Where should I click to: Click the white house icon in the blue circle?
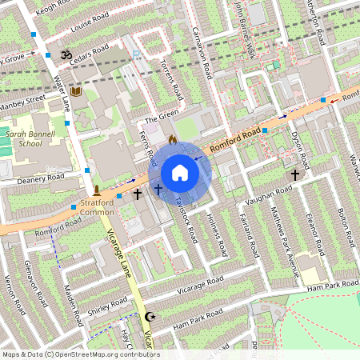tap(180, 173)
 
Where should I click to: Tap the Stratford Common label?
tap(98, 209)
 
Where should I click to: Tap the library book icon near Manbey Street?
tap(76, 92)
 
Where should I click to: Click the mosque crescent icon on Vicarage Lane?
tap(148, 318)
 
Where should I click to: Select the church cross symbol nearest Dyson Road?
tap(295, 173)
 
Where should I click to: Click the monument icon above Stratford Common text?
tap(97, 191)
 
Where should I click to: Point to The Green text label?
tap(162, 117)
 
